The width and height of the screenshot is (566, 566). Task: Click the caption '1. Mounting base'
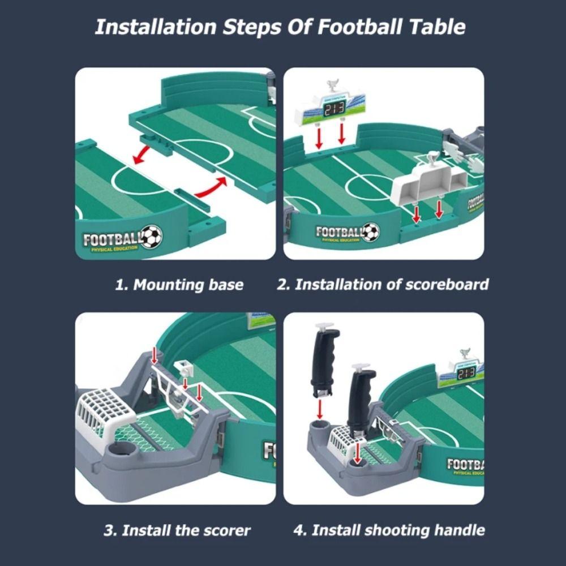tap(179, 285)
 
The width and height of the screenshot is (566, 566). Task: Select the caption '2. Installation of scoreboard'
tap(383, 284)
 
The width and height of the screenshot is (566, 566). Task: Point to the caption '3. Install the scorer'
tap(177, 530)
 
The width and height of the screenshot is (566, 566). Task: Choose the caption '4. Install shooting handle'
tap(389, 530)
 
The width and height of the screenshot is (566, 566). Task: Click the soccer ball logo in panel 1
tap(151, 237)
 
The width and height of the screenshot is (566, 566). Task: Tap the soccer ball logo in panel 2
tap(371, 231)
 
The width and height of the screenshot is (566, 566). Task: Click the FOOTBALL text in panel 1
tap(111, 239)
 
